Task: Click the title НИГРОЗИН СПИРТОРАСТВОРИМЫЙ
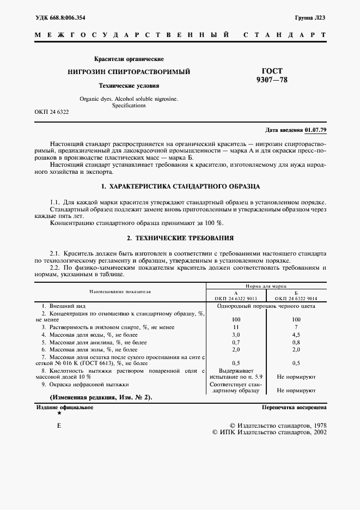(x=129, y=71)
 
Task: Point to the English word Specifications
(x=129, y=106)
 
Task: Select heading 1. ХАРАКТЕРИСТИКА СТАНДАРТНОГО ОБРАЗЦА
(x=180, y=186)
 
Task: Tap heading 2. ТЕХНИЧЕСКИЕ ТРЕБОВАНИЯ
(x=180, y=238)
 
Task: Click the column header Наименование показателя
(x=120, y=292)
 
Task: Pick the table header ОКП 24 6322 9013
(x=236, y=299)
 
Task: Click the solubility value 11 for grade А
(x=236, y=326)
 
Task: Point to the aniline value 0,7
(x=236, y=342)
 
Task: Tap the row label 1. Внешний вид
(x=58, y=306)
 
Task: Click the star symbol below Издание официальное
(x=59, y=414)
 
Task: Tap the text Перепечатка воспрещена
(x=294, y=407)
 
